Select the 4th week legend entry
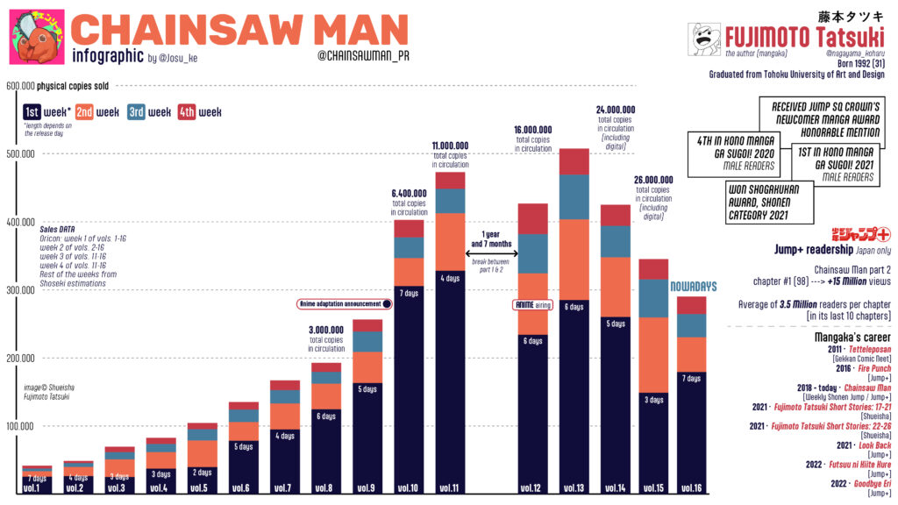[x=199, y=112]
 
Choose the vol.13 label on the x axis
[x=574, y=488]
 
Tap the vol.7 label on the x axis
[x=282, y=488]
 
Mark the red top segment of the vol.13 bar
[x=574, y=161]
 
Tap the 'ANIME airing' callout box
[x=531, y=305]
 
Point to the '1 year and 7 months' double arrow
[x=493, y=254]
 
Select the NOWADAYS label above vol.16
[x=694, y=287]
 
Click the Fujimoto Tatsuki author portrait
[x=705, y=39]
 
